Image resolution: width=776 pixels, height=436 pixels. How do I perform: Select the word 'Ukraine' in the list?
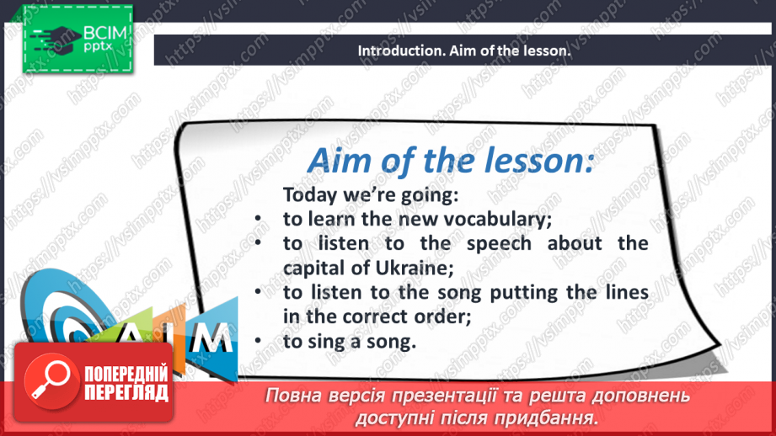point(412,268)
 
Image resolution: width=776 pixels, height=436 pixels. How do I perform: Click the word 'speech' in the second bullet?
point(499,244)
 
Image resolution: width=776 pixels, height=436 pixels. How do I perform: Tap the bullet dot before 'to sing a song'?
point(257,341)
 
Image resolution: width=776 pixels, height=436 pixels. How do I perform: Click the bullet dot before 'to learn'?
point(257,218)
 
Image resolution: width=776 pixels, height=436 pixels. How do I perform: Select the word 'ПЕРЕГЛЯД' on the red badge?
point(126,393)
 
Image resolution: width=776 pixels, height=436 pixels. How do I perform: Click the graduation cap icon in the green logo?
point(59,39)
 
